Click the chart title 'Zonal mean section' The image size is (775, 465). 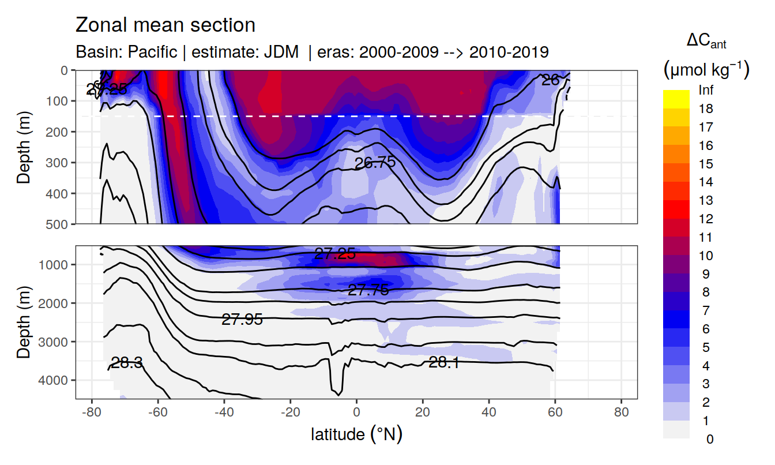click(x=165, y=25)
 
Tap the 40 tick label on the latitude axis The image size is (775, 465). click(x=489, y=413)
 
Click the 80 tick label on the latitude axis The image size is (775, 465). click(x=621, y=413)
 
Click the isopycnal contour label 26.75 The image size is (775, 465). click(x=375, y=163)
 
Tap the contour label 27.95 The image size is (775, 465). click(x=242, y=320)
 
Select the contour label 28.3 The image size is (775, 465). click(x=126, y=363)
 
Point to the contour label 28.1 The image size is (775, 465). click(x=443, y=362)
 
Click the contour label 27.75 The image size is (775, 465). click(x=368, y=290)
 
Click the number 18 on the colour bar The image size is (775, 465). click(x=705, y=108)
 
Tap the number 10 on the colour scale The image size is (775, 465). click(x=705, y=256)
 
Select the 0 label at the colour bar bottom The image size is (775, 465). click(x=709, y=439)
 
